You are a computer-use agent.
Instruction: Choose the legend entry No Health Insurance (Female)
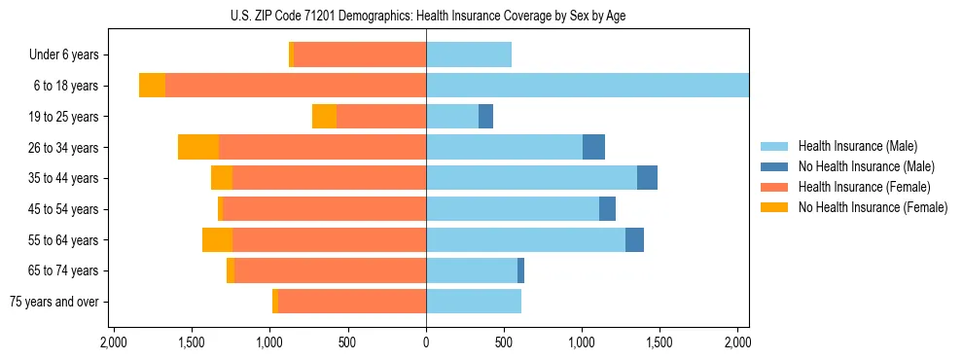(x=873, y=207)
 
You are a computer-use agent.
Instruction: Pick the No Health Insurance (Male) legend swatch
(x=775, y=167)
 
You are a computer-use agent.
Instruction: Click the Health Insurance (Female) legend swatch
(x=775, y=187)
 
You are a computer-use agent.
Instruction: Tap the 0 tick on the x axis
(x=426, y=343)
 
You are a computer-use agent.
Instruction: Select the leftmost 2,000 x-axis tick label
(x=114, y=343)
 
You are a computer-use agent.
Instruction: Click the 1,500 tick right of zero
(x=660, y=343)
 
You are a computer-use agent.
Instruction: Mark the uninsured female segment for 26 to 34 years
(x=198, y=147)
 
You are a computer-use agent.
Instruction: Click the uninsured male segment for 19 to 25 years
(x=485, y=117)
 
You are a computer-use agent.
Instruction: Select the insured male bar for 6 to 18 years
(x=588, y=86)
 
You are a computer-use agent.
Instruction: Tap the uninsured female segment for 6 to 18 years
(x=152, y=86)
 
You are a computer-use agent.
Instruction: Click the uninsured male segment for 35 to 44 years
(x=647, y=178)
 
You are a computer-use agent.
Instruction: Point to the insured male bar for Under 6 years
(x=469, y=55)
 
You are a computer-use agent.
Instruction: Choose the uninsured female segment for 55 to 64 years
(x=217, y=240)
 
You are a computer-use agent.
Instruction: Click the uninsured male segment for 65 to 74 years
(x=520, y=270)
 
